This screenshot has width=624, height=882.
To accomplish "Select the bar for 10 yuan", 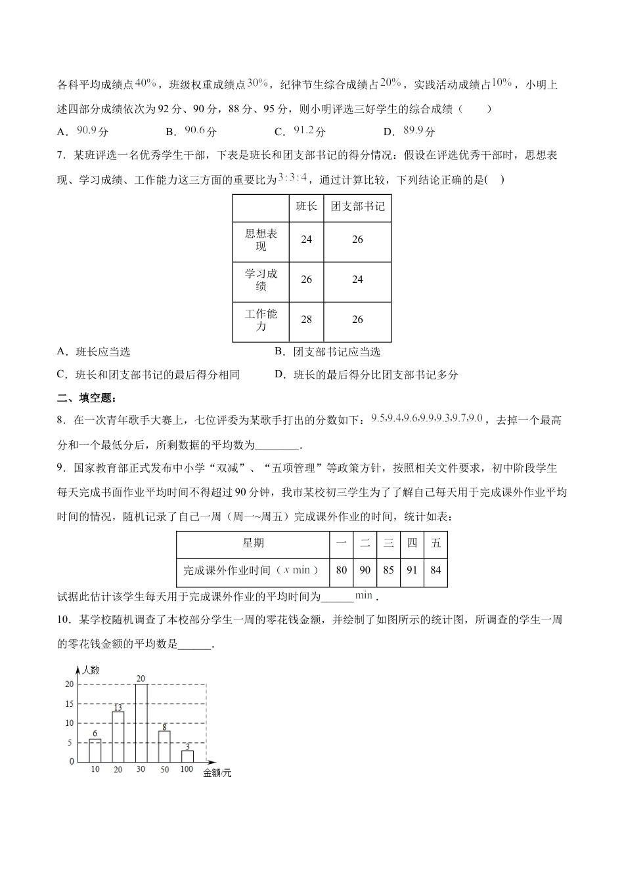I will click(95, 750).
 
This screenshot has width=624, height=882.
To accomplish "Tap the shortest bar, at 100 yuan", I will click(187, 756).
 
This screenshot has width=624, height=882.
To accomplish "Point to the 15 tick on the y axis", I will click(70, 703).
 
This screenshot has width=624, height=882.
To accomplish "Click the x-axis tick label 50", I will click(164, 769).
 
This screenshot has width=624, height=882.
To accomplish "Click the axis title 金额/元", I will click(217, 774).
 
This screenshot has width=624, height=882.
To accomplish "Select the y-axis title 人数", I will click(90, 670).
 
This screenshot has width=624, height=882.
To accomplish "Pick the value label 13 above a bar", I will click(118, 707).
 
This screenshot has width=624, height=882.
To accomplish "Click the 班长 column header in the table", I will click(306, 207).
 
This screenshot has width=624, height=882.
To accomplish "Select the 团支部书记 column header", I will click(357, 207).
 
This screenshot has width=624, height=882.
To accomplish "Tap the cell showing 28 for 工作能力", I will click(306, 320).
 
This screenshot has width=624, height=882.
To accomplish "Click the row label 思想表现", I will click(261, 240).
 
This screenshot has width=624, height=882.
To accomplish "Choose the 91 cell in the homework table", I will click(412, 570).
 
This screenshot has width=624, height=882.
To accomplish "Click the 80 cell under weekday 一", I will click(341, 570).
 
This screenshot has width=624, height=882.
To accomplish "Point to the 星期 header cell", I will click(253, 543).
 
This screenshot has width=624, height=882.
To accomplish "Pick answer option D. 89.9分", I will click(410, 131).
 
